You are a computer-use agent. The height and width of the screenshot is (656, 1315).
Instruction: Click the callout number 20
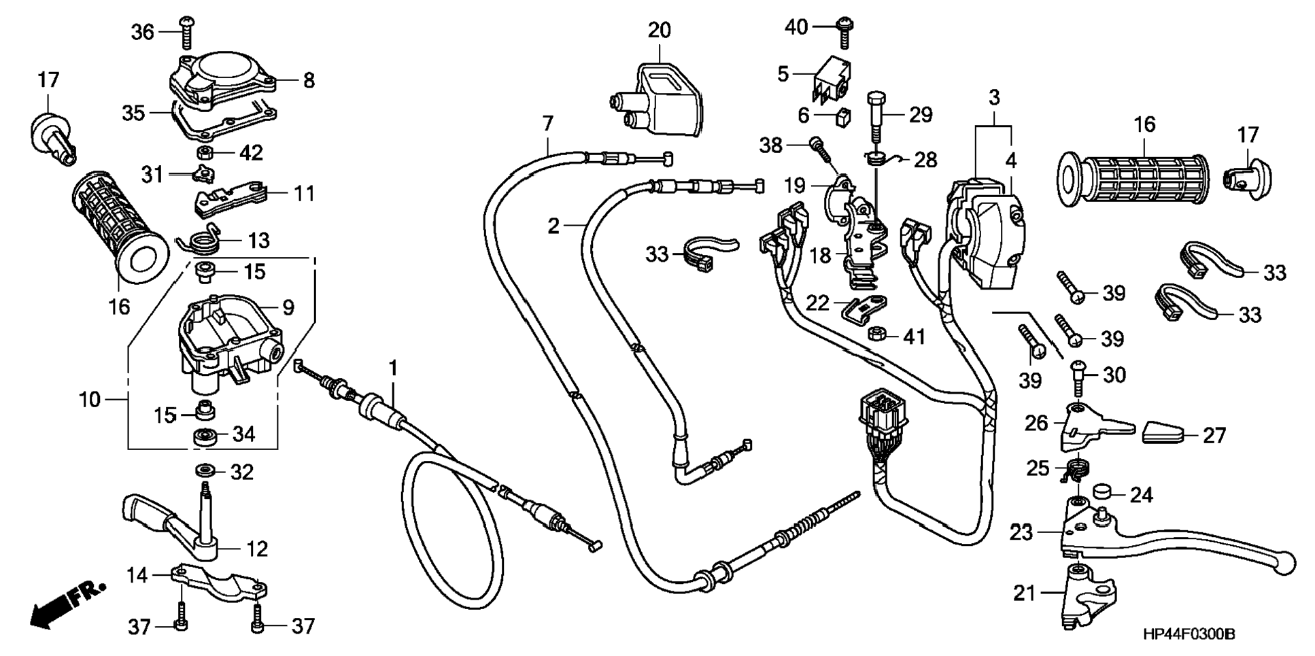(x=659, y=30)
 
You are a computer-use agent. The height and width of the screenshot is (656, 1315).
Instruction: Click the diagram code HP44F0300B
(x=1189, y=634)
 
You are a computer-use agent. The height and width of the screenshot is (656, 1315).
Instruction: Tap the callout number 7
(x=548, y=124)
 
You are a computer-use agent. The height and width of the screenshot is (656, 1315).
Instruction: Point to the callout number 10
(x=89, y=400)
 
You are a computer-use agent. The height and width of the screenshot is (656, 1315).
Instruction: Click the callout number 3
(x=994, y=97)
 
